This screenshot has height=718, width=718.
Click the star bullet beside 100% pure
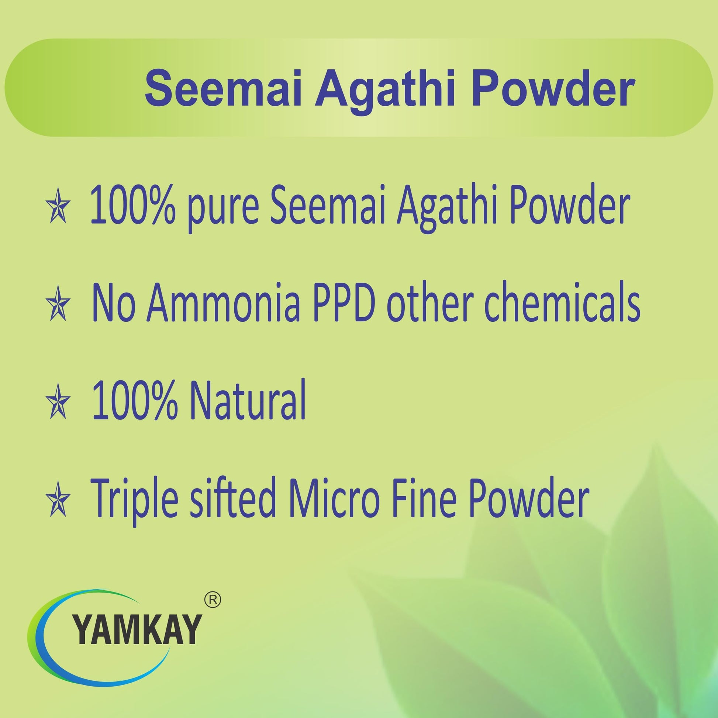point(58,210)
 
